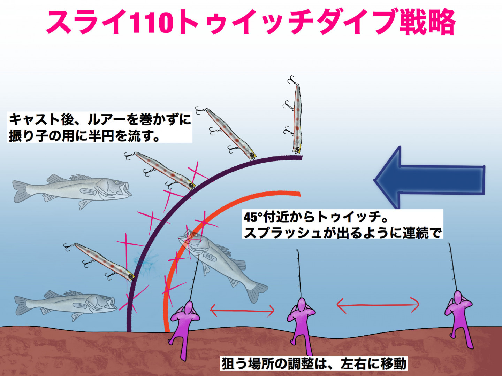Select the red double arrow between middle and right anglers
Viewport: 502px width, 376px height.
(x=378, y=305)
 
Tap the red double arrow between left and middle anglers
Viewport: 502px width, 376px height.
(x=242, y=311)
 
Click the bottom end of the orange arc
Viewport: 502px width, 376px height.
(x=167, y=331)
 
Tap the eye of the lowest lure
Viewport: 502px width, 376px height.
(x=131, y=277)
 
